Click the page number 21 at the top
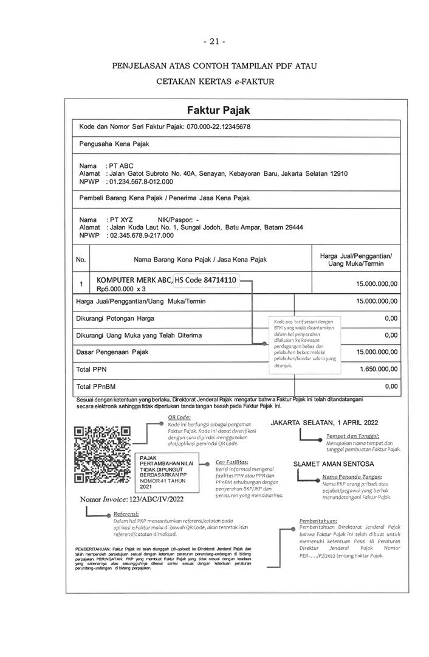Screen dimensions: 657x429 point(214,41)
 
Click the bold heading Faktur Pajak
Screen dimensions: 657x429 point(214,110)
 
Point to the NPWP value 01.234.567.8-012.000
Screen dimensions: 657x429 point(141,181)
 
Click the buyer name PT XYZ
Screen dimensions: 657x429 point(121,219)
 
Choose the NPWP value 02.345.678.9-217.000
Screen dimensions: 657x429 point(141,235)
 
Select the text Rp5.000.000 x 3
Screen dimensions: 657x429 point(122,290)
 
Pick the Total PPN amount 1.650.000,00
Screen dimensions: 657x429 point(377,369)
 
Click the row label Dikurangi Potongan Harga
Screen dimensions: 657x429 point(115,318)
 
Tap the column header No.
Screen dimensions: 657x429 point(81,260)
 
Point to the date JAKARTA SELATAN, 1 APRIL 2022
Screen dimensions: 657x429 point(324,422)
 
